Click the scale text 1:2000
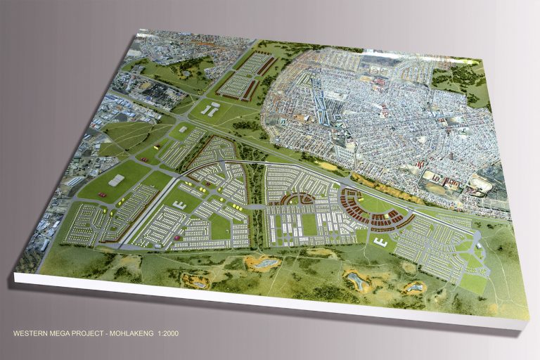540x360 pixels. (x=168, y=333)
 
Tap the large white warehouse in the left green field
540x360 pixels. (x=116, y=181)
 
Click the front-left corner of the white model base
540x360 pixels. (x=15, y=278)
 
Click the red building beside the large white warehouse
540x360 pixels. (x=102, y=193)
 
